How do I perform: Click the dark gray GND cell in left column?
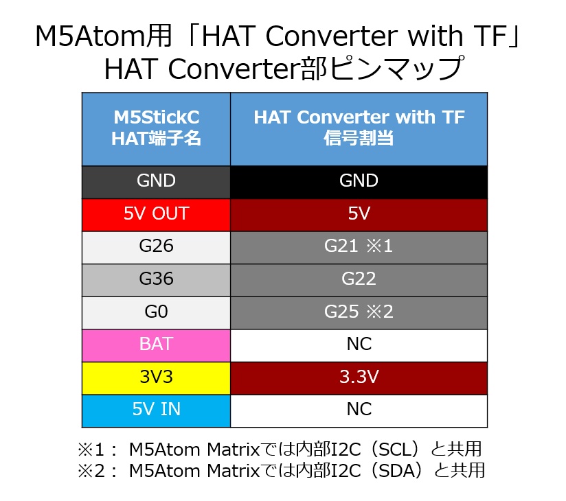156,182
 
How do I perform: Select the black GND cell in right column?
359,182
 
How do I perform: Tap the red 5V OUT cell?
156,214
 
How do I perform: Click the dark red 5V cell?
359,214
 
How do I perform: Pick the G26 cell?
156,247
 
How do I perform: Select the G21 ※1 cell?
359,247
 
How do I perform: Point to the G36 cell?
156,279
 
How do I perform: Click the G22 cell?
359,279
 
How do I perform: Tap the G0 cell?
156,312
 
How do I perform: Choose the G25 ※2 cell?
359,312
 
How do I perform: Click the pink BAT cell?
156,345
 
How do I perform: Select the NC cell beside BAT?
359,345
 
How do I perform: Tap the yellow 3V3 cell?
156,377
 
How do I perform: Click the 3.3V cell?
359,377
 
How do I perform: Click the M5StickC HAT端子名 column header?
156,128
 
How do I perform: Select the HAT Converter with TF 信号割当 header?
359,128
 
